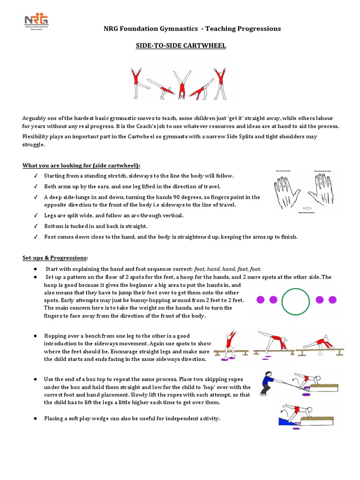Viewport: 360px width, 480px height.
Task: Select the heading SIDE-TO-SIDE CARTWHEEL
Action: [x=180, y=45]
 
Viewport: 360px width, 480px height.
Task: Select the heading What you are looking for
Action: [x=82, y=166]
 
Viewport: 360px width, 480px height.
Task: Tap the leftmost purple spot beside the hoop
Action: [x=261, y=300]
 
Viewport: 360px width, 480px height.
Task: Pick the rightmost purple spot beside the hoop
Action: [x=333, y=300]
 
